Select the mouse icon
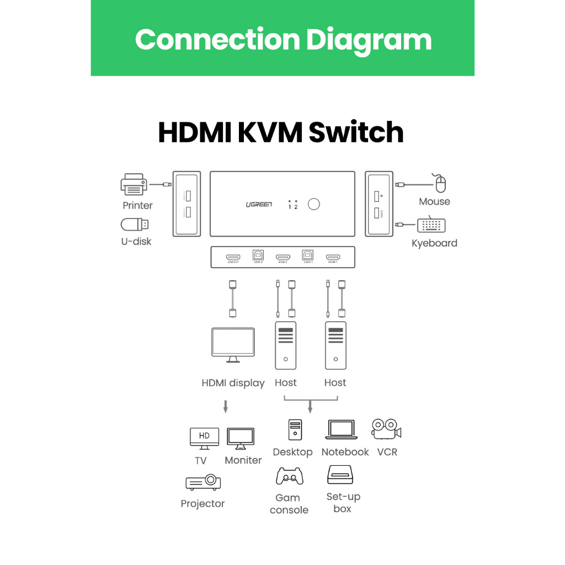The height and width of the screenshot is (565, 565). click(440, 183)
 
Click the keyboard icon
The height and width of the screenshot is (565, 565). click(431, 225)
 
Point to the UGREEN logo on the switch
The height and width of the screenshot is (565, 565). click(259, 205)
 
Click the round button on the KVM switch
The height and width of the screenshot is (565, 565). click(314, 205)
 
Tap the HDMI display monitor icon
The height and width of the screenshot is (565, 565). click(233, 345)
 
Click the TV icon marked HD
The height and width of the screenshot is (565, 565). click(204, 437)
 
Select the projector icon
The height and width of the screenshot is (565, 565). click(203, 482)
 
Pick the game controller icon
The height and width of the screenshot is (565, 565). click(290, 476)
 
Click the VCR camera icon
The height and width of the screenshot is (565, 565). click(386, 429)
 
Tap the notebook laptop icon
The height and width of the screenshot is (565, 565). click(342, 430)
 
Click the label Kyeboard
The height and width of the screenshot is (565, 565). click(434, 243)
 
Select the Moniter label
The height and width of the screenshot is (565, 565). click(243, 460)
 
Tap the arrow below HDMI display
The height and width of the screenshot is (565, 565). click(225, 407)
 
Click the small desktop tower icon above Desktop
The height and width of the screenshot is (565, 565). click(296, 430)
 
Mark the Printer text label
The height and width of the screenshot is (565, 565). click(137, 205)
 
